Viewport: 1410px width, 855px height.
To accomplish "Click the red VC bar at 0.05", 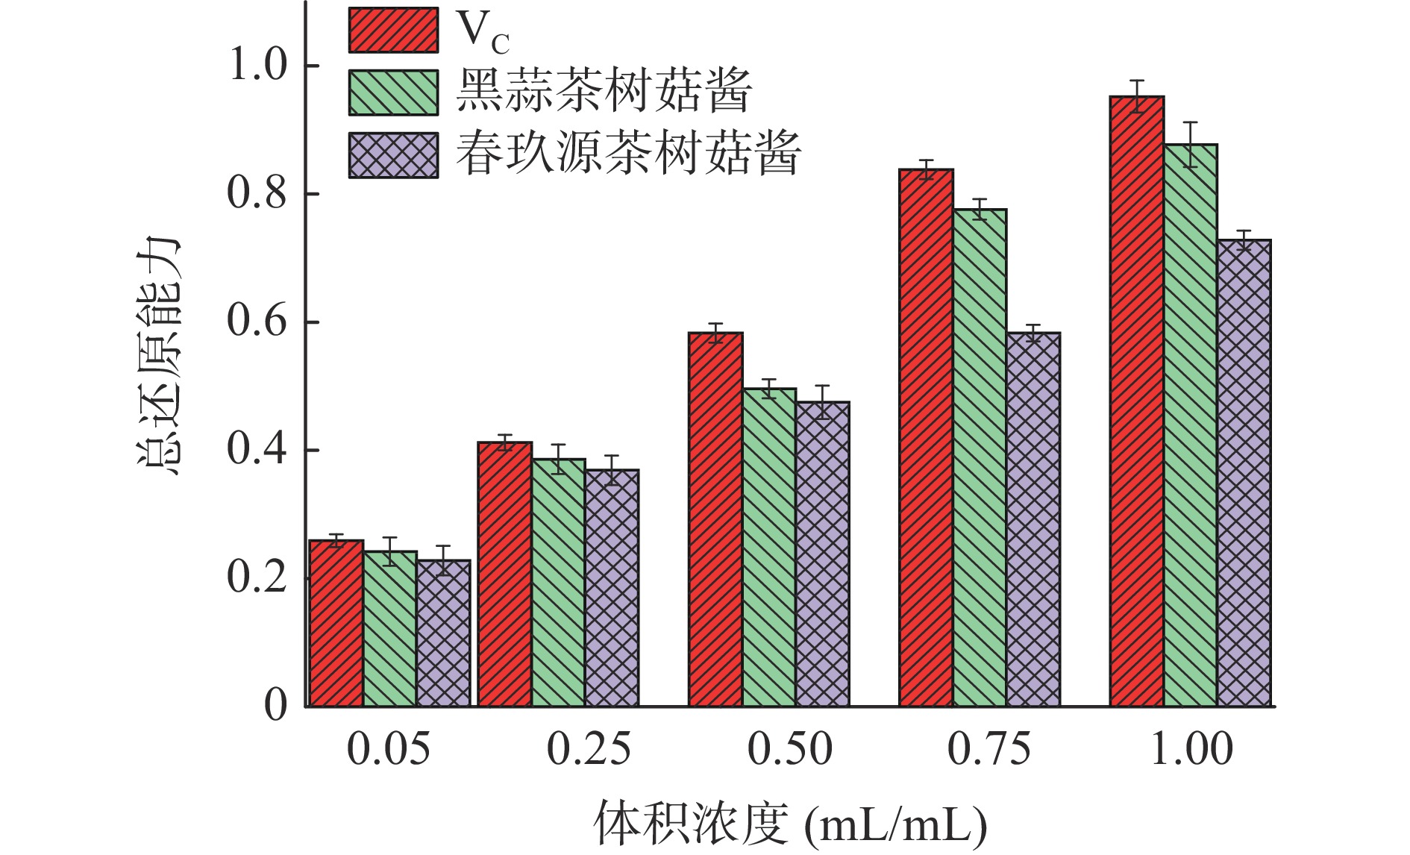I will [336, 623].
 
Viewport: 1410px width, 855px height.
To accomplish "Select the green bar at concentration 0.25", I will [558, 582].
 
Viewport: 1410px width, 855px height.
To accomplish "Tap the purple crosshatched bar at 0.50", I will [822, 554].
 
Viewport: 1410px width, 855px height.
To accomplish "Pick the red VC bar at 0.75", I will [926, 437].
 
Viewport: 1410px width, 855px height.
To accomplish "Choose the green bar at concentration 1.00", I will [1190, 425].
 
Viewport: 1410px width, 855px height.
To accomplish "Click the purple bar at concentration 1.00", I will [1244, 473].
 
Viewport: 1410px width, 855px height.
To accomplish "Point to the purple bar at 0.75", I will [1033, 519].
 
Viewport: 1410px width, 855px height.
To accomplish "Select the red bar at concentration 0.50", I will [715, 519].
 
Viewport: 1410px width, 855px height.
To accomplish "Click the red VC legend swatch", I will [393, 30].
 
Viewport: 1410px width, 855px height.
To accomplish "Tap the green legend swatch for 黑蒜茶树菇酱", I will [393, 93].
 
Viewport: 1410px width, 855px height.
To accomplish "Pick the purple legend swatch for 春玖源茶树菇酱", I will [393, 155].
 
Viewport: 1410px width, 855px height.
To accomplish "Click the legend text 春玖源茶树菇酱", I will [628, 154].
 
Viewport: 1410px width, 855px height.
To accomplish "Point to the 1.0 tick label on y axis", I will [257, 65].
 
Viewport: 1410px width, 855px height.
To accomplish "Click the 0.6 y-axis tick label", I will [257, 322].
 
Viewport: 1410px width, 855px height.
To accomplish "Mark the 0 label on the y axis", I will [275, 705].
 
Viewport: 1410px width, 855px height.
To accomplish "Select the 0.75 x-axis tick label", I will [989, 749].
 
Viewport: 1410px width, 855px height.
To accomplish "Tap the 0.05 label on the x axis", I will [389, 749].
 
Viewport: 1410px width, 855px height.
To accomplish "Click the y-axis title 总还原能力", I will [158, 357].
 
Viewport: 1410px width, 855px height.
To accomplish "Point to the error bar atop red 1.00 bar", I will [1137, 96].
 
